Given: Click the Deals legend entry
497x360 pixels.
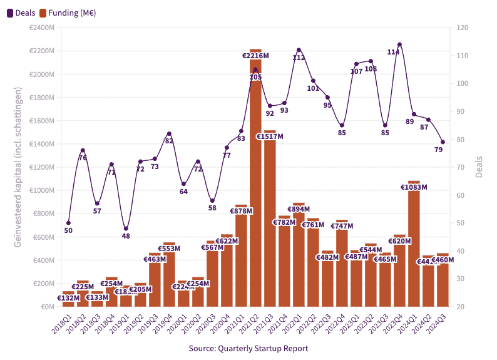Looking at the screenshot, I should (21, 13).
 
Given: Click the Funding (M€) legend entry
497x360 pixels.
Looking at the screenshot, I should (69, 13).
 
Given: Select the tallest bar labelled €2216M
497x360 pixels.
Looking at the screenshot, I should (255, 188).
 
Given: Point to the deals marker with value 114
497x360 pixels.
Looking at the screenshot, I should (399, 44).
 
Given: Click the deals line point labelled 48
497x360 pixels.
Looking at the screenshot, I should (126, 229).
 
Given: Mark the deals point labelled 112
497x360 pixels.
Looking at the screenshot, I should (299, 50).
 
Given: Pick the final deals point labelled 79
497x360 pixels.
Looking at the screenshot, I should (443, 142).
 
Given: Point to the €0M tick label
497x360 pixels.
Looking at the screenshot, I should (46, 307).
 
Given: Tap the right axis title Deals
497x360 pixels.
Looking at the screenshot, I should (479, 167).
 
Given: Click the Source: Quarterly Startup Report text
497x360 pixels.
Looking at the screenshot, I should (248, 348).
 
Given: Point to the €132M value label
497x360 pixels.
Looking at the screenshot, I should (68, 298).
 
